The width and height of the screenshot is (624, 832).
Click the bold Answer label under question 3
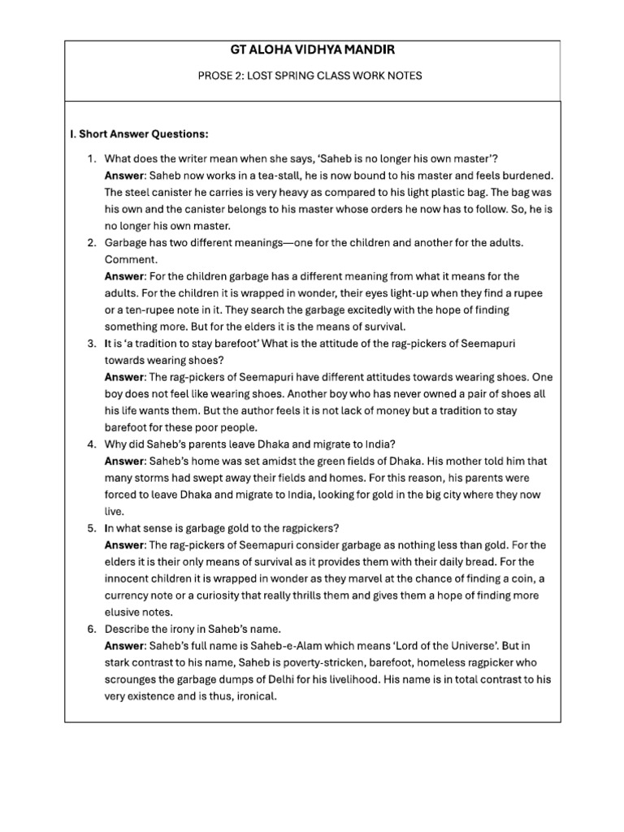pos(124,377)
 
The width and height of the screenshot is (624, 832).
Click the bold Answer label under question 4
pos(124,461)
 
